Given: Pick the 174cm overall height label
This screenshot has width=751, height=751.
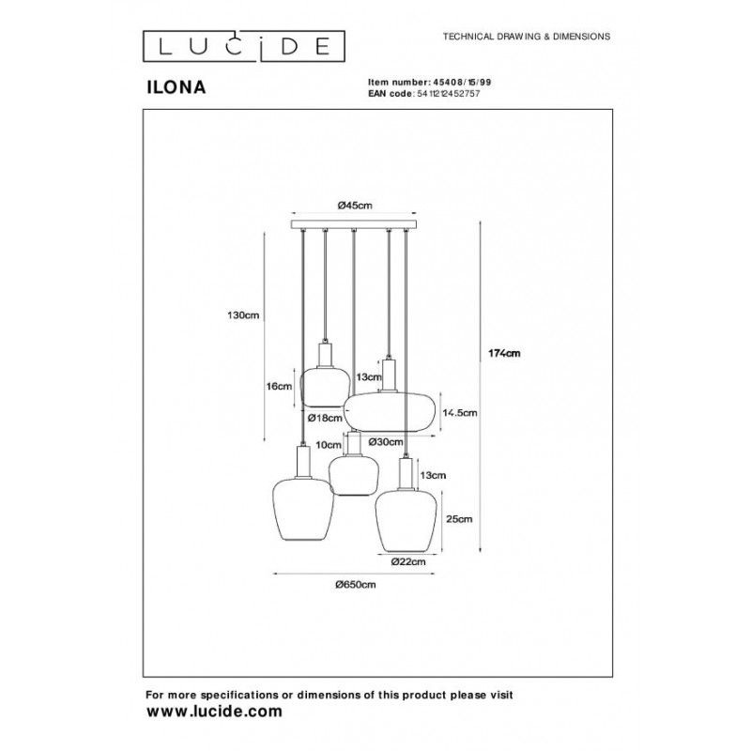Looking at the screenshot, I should point(504,354).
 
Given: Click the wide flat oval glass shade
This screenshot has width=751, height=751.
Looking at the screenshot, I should point(388,411).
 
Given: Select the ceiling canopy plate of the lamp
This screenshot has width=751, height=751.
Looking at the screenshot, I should point(354,225).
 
